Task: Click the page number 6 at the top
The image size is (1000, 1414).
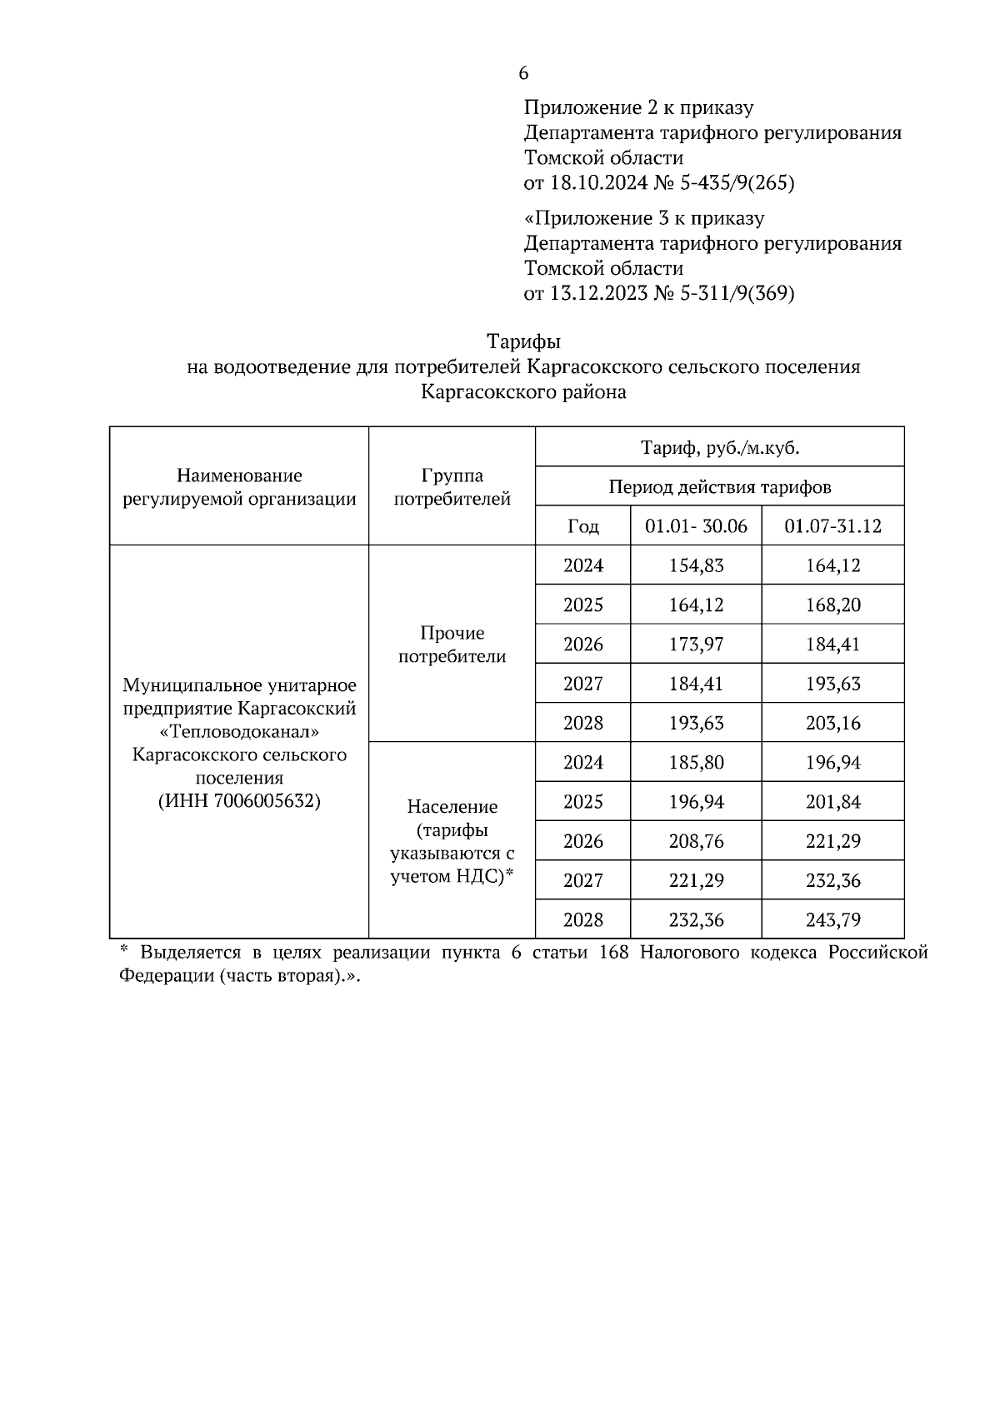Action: pos(523,74)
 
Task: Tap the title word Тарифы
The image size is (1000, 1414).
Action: pos(523,342)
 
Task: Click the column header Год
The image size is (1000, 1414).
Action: pos(582,526)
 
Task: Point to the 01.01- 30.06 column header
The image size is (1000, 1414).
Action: pos(696,526)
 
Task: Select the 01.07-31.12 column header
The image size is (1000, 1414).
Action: pos(832,526)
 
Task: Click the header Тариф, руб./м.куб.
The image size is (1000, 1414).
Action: pos(719,448)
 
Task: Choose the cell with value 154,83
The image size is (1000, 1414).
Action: pos(696,565)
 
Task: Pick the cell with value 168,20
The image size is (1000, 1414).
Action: pos(832,605)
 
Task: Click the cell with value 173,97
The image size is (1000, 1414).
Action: pos(696,645)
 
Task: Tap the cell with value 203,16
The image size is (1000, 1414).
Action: pos(832,723)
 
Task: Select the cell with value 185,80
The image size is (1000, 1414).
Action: pos(696,763)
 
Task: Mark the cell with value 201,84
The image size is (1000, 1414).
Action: pos(832,802)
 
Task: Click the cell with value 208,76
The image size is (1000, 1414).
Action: pos(696,841)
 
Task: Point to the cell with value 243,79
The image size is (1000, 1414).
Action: pos(832,920)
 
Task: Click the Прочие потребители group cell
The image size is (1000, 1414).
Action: pos(452,645)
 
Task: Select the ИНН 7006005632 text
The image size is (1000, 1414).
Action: pos(239,802)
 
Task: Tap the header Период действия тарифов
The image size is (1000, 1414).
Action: pos(719,487)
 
